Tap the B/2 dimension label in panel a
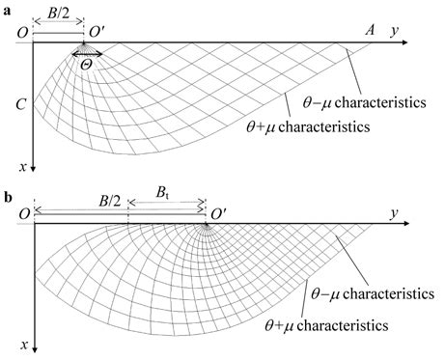pos(59,14)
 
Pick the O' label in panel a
pos(98,33)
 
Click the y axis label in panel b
pos(396,211)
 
